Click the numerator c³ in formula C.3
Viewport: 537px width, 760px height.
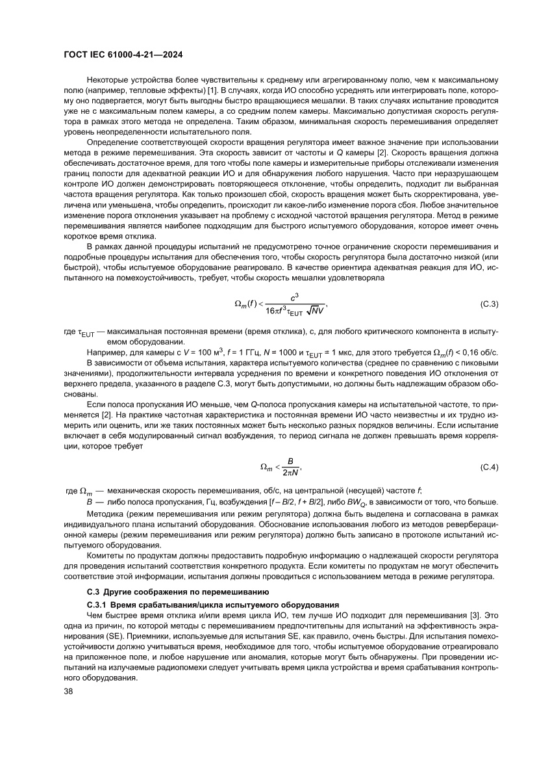point(294,296)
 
